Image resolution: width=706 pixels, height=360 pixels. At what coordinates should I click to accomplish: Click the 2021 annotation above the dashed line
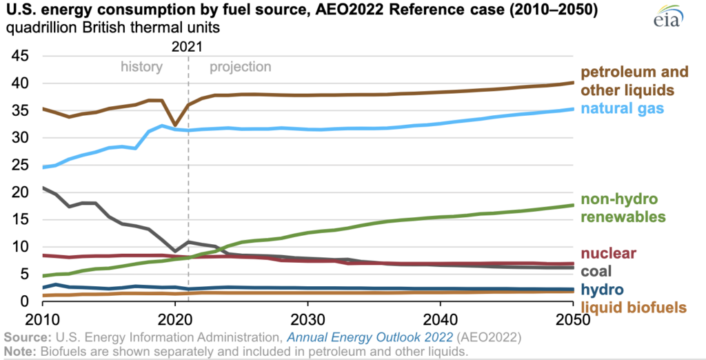pos(188,46)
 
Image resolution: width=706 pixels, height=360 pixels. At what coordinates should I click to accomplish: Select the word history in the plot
pos(141,67)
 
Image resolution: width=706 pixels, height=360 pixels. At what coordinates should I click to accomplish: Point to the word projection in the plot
pos(241,67)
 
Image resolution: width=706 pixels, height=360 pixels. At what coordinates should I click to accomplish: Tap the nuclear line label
pos(607,253)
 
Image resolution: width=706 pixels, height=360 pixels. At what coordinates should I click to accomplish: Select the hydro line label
pos(600,289)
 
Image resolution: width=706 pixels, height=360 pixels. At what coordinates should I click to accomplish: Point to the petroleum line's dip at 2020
pos(175,125)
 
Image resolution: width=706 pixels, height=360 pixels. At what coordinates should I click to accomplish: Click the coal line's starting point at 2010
pos(43,188)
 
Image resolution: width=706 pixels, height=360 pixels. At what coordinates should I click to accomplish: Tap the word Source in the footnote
pos(22,337)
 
